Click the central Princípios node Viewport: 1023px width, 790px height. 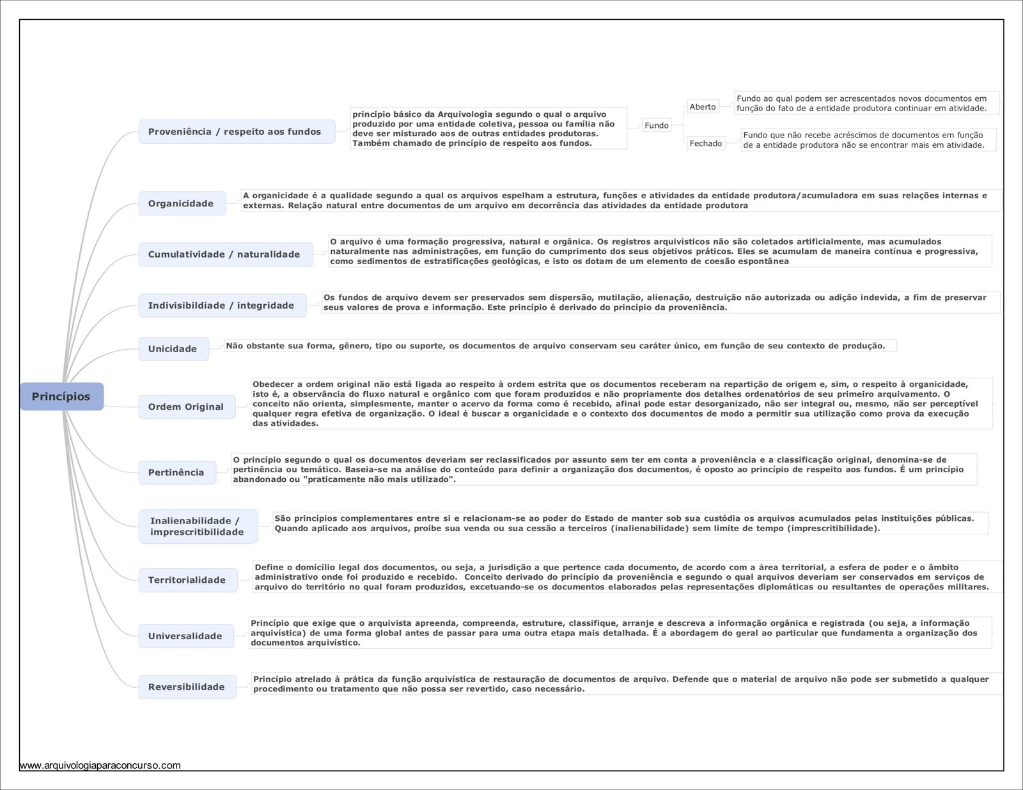61,396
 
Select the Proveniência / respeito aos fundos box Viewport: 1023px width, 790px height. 237,132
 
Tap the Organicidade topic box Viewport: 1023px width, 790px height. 182,203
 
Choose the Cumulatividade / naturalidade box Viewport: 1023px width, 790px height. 225,254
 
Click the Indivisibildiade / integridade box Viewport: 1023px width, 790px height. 222,306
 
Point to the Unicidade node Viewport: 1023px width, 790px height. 173,349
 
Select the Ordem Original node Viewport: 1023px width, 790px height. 187,407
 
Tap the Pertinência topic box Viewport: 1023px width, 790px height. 177,472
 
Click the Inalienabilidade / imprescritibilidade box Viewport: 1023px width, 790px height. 198,526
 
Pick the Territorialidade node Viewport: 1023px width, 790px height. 187,580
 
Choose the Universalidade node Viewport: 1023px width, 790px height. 186,636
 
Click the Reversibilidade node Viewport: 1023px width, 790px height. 187,687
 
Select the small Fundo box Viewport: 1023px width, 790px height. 657,125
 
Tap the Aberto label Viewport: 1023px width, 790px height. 703,107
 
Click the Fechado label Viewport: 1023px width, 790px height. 706,144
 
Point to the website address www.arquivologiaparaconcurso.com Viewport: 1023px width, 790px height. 100,765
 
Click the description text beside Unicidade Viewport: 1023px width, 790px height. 556,346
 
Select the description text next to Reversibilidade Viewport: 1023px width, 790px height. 620,684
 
